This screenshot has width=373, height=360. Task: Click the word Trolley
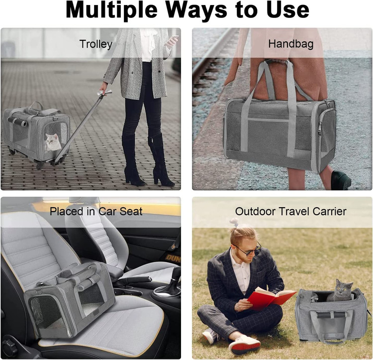coord(95,44)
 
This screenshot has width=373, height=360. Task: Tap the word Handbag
coord(291,44)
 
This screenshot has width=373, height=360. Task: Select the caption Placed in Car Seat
coord(96,212)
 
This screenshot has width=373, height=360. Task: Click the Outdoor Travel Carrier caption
coord(291,212)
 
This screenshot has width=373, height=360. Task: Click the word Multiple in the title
coord(111,10)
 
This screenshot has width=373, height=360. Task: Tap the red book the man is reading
coord(272,298)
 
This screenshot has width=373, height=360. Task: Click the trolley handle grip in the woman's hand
coord(105,93)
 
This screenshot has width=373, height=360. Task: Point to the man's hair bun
coord(235,222)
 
